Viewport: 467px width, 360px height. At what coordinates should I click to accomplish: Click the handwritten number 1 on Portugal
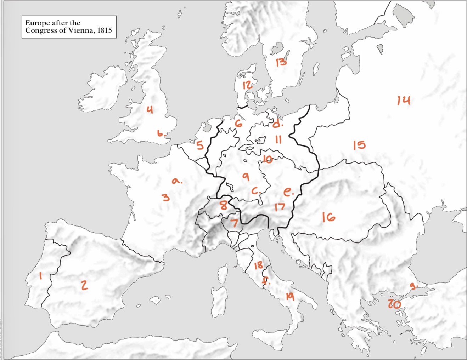(41, 276)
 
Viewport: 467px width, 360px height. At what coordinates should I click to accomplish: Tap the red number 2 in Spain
(84, 285)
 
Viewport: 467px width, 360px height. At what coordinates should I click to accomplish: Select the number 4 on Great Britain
(150, 110)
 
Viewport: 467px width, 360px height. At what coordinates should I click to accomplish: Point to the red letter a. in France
(176, 181)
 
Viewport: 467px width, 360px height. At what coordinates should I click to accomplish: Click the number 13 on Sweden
(281, 62)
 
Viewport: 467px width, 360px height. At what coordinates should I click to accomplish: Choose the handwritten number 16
(328, 217)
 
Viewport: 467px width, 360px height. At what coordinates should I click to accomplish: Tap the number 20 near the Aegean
(394, 304)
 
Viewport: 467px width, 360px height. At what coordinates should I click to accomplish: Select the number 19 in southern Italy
(290, 296)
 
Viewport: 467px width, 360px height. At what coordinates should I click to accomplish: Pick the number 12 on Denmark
(247, 85)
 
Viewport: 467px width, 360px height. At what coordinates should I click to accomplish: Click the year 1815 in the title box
(105, 30)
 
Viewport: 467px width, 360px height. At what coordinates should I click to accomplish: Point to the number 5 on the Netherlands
(200, 145)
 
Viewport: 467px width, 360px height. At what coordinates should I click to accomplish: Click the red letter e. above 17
(288, 192)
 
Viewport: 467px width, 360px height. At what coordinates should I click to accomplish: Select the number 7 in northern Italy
(234, 223)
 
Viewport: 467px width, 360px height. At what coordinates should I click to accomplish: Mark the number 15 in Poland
(359, 145)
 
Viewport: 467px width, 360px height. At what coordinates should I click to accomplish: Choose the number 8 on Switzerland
(223, 205)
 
